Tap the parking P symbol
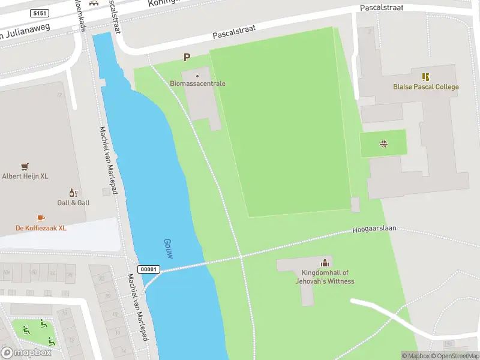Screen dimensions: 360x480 coord(187,58)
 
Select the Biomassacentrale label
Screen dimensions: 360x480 coord(198,84)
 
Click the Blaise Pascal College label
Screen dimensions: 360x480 coord(425,87)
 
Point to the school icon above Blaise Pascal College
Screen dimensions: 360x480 coord(425,77)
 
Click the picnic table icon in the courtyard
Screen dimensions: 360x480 coord(383,143)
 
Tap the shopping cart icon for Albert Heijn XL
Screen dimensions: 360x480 coord(25,167)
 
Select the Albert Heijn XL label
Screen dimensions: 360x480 coord(25,176)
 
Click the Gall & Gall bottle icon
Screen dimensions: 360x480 coord(73,193)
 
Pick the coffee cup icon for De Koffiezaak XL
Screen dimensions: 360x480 coord(40,218)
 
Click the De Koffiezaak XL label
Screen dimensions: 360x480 coord(40,228)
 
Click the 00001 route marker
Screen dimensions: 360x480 coord(149,269)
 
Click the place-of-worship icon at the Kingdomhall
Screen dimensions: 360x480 coord(325,262)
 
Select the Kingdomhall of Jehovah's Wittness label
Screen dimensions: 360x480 coord(325,277)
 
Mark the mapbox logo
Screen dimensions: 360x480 coord(27,353)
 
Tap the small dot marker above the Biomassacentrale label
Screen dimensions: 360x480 coord(197,76)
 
